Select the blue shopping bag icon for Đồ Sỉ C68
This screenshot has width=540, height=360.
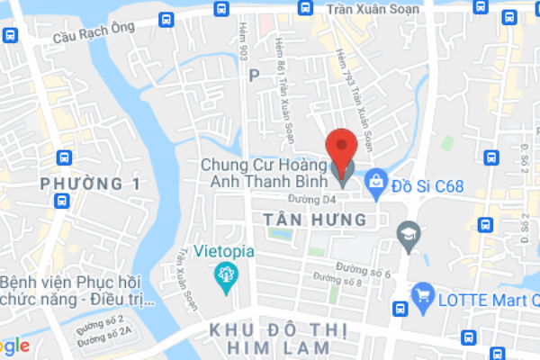click(x=376, y=182)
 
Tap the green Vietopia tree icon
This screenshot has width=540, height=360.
click(x=222, y=277)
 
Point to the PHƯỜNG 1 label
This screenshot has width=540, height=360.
click(x=91, y=184)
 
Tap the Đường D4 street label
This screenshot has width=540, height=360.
click(x=310, y=198)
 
